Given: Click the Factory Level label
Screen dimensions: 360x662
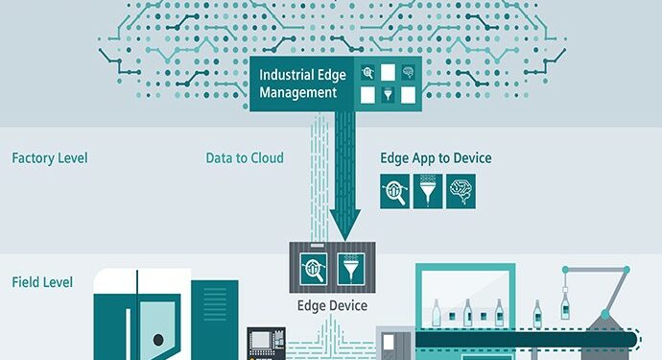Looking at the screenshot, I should tap(49, 157).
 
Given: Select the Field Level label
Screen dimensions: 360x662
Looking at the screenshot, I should tap(41, 283).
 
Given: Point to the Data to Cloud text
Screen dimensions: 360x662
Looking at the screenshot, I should tap(245, 157).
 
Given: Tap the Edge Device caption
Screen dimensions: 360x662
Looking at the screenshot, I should tap(331, 306).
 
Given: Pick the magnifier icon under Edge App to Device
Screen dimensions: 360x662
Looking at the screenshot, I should tap(395, 191).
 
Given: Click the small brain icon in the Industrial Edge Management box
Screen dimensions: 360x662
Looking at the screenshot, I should tap(407, 71).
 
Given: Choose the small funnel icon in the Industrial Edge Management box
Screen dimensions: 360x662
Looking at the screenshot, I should tap(389, 94).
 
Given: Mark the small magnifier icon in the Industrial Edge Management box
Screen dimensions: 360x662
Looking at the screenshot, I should tap(368, 71).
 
